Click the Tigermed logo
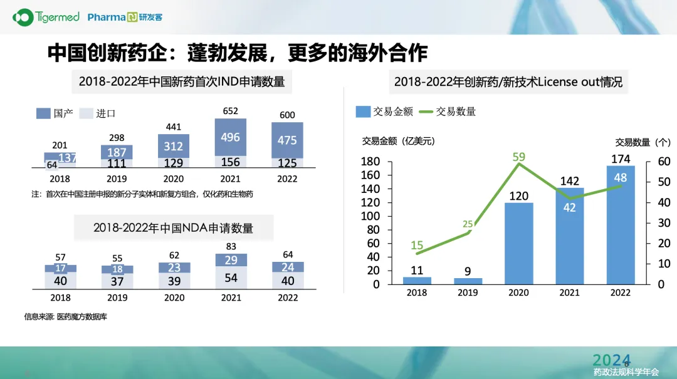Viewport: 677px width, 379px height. (46, 17)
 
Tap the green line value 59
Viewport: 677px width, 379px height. (518, 157)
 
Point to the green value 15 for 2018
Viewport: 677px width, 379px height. (417, 246)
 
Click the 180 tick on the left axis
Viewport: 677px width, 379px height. (372, 162)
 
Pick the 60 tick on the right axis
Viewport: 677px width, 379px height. (664, 162)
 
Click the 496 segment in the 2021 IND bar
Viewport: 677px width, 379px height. (231, 137)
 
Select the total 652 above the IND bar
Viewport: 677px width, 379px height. (231, 112)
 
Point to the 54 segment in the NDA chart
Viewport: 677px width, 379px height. (231, 278)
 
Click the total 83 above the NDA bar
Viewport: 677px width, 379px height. (231, 247)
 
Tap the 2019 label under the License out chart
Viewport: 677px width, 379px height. (468, 293)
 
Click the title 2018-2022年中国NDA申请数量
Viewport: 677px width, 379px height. (174, 228)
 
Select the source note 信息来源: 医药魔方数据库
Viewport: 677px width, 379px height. (65, 317)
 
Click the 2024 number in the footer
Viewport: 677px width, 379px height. (611, 360)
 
